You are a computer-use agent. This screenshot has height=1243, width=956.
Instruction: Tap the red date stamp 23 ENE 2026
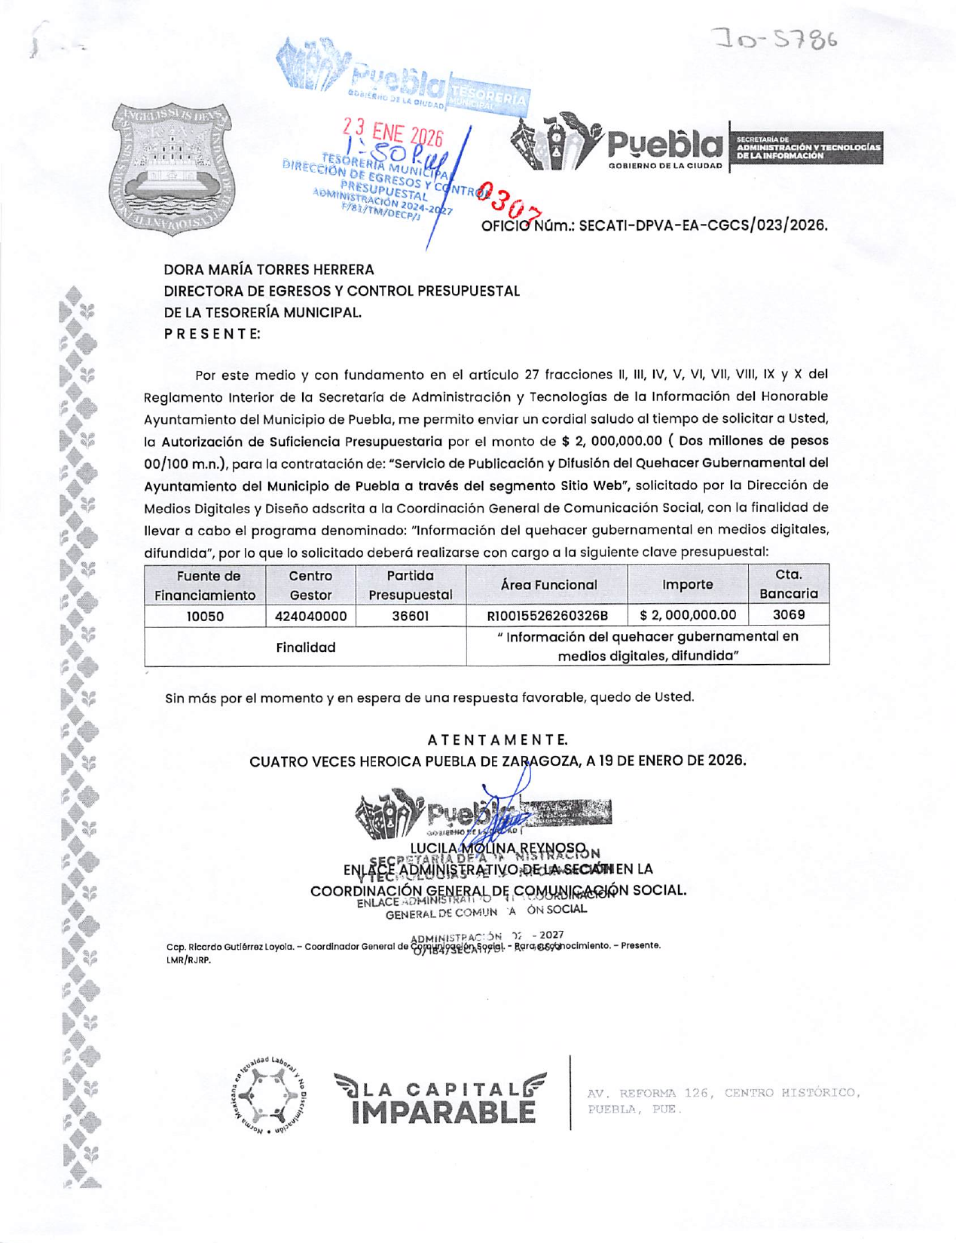pos(392,134)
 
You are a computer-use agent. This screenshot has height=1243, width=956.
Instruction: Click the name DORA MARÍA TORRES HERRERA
pos(269,269)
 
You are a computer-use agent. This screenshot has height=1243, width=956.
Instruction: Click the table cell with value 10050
pos(205,616)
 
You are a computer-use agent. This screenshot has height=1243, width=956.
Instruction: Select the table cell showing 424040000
pos(310,616)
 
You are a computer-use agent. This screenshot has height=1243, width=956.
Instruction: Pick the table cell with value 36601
pos(410,616)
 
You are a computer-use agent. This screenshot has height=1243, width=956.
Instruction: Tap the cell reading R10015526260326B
pos(547,616)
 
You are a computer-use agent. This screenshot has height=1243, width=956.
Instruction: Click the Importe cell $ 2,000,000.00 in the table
pos(687,615)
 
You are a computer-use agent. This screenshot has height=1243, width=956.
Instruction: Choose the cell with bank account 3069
pos(788,614)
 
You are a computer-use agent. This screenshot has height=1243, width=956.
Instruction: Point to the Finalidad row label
pos(305,647)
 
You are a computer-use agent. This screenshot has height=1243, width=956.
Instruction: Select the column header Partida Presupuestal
pos(410,585)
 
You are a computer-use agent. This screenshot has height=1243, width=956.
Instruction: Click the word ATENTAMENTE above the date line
pos(497,739)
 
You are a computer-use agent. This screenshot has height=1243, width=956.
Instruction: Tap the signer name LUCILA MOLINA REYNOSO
pos(497,848)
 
